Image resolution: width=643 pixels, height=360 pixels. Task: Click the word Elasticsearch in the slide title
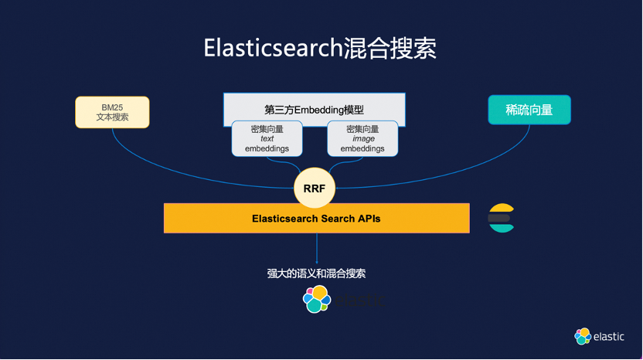(x=272, y=48)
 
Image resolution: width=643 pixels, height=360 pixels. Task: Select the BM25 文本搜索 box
(x=112, y=112)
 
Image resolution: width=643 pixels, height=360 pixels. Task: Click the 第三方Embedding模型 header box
(x=314, y=108)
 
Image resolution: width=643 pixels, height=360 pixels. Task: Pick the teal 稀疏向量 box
(x=529, y=110)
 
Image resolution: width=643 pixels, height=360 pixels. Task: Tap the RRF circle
(x=314, y=187)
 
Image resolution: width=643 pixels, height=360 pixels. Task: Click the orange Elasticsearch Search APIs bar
(x=316, y=219)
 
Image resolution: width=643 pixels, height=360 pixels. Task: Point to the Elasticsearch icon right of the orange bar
(x=501, y=218)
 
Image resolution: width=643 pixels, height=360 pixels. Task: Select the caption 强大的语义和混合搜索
(x=316, y=273)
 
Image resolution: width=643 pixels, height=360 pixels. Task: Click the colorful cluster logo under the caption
(x=316, y=300)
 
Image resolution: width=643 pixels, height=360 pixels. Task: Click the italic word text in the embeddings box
(x=267, y=139)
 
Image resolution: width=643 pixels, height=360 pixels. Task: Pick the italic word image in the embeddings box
(x=362, y=139)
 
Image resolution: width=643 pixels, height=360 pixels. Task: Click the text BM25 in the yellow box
(x=112, y=107)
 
